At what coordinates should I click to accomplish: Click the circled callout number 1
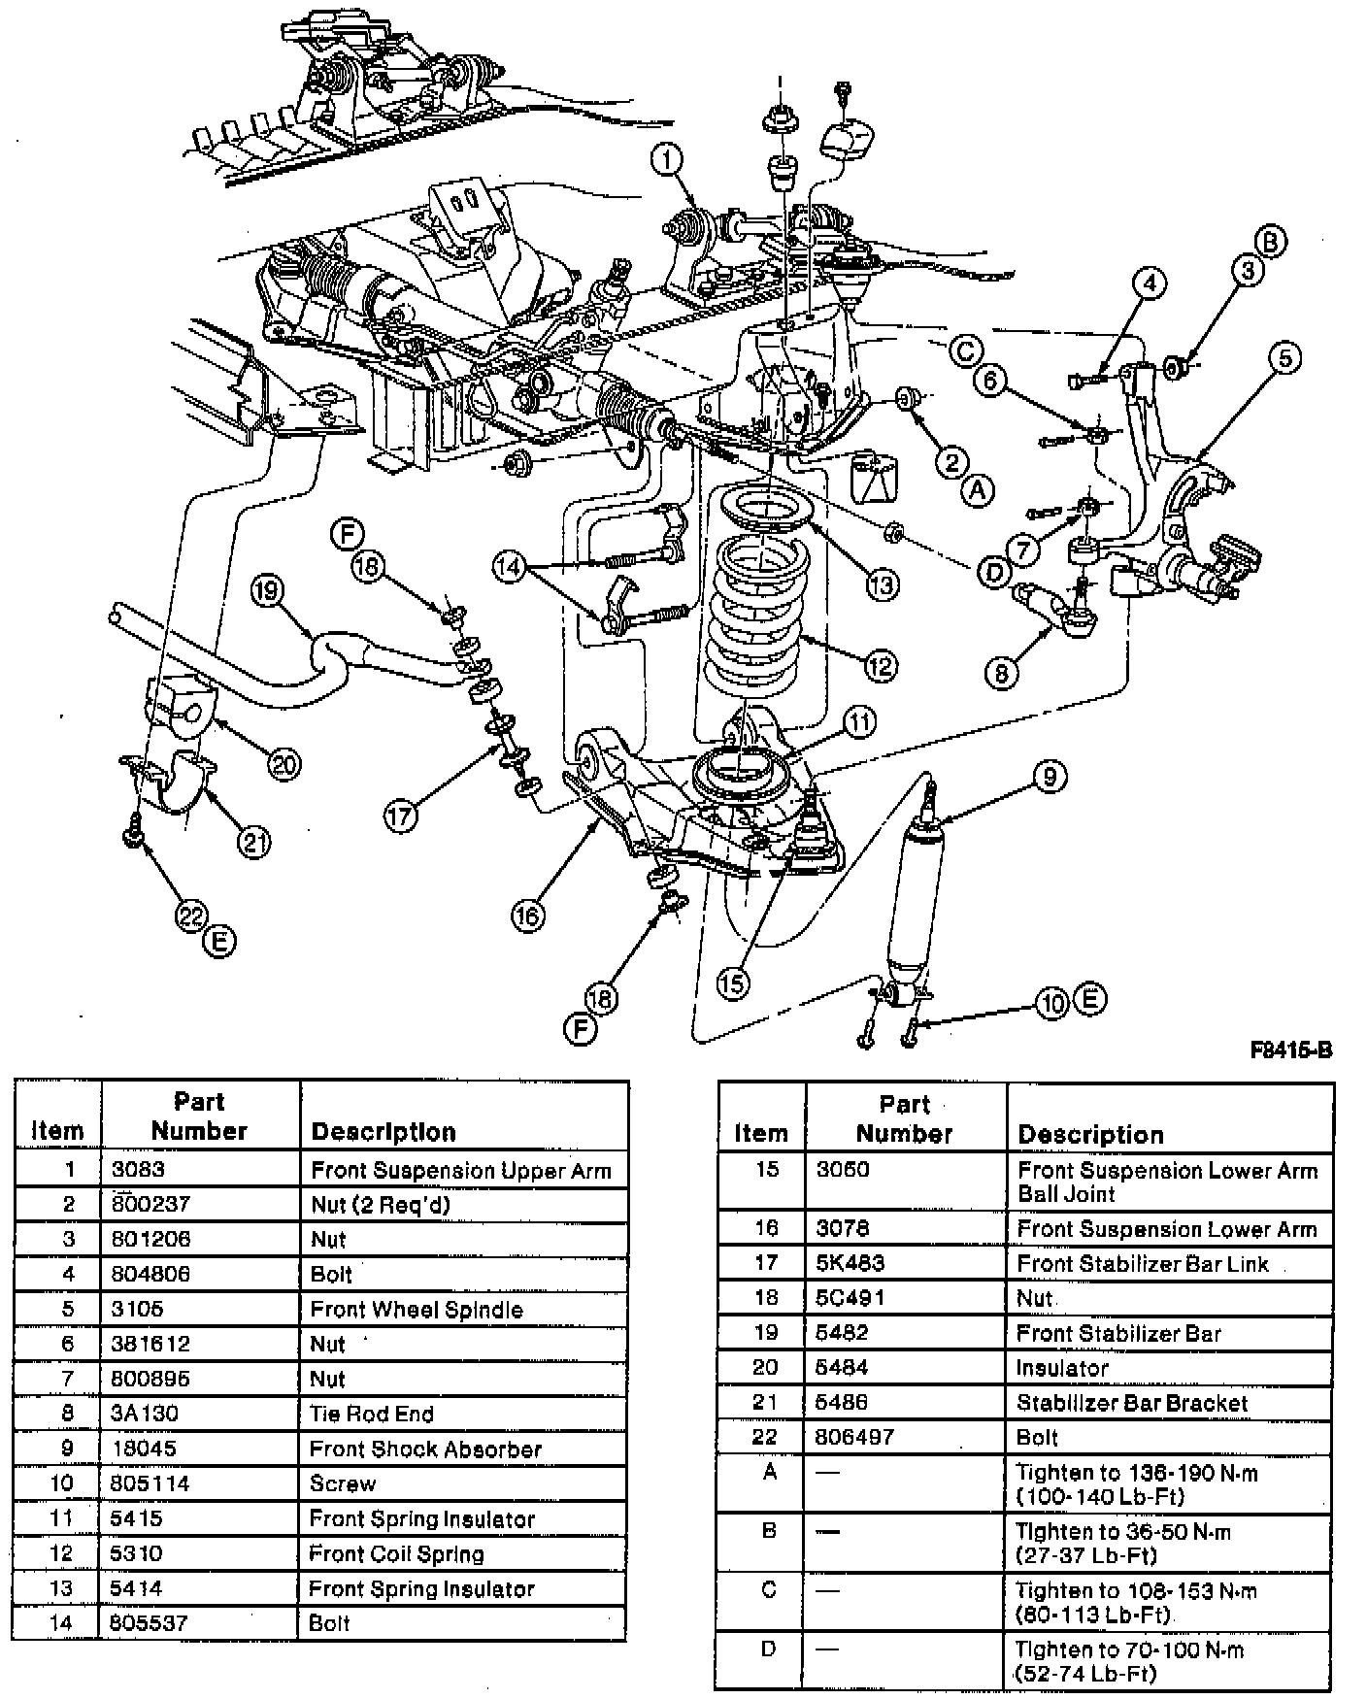click(668, 160)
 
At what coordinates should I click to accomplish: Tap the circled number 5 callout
click(1284, 358)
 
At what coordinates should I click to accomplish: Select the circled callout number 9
click(1050, 776)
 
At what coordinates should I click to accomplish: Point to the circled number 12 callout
click(881, 666)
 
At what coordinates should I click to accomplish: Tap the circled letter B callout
click(1272, 241)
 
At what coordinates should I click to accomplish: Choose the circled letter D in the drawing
click(994, 573)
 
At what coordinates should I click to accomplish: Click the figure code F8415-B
click(1290, 1049)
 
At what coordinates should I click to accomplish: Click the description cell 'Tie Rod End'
click(372, 1414)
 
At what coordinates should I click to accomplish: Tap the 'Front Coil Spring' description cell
click(396, 1553)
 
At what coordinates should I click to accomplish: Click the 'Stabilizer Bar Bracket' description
click(1131, 1403)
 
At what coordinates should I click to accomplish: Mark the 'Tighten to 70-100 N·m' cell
click(1129, 1661)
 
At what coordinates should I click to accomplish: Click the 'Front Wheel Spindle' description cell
click(416, 1309)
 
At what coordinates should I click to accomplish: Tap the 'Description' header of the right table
click(1089, 1134)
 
